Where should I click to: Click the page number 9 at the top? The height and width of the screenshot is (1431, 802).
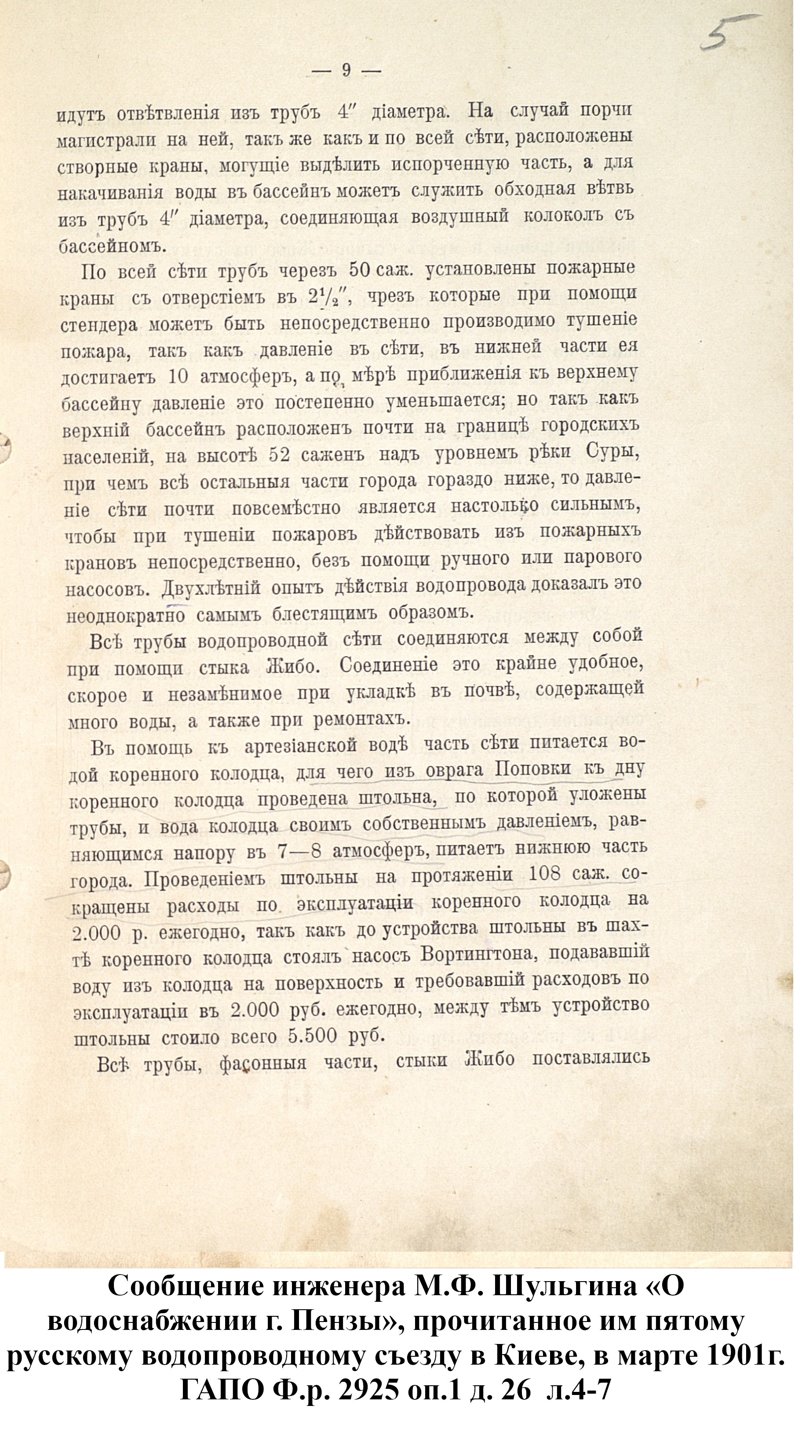point(346,71)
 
